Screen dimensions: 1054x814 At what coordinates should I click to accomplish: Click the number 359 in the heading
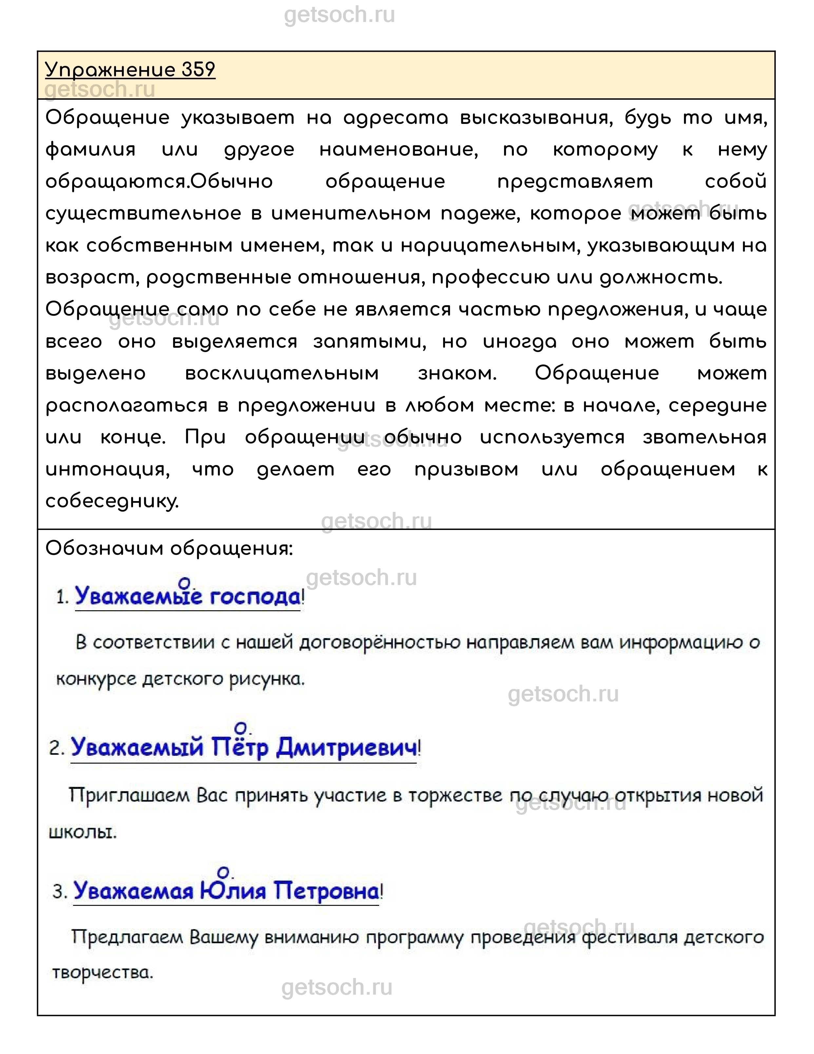coord(198,70)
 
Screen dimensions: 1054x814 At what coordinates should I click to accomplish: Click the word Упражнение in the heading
coord(110,70)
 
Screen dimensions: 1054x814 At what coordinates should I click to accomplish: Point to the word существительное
coord(143,214)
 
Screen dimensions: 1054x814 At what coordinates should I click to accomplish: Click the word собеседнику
coord(112,502)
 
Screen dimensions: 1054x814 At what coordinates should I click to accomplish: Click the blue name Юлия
coord(233,891)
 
